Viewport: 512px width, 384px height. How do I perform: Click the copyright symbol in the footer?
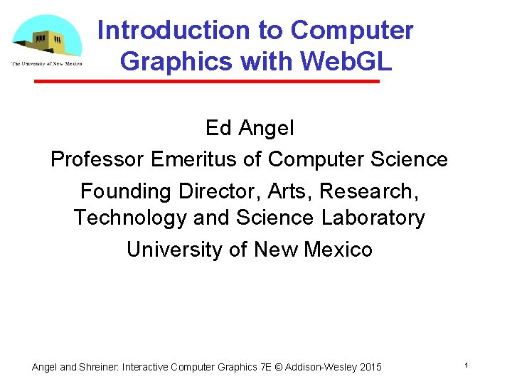click(278, 368)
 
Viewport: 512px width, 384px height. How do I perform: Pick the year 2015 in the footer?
click(370, 368)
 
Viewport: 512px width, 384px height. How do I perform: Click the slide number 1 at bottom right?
click(465, 365)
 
